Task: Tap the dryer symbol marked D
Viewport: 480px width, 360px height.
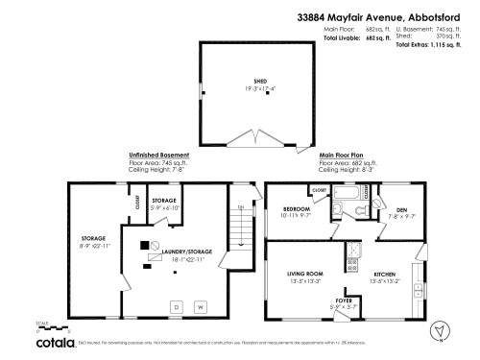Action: coord(176,306)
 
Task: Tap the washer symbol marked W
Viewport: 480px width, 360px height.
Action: coord(201,306)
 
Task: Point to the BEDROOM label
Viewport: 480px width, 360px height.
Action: coord(296,209)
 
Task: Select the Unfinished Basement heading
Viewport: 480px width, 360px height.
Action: coord(158,155)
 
